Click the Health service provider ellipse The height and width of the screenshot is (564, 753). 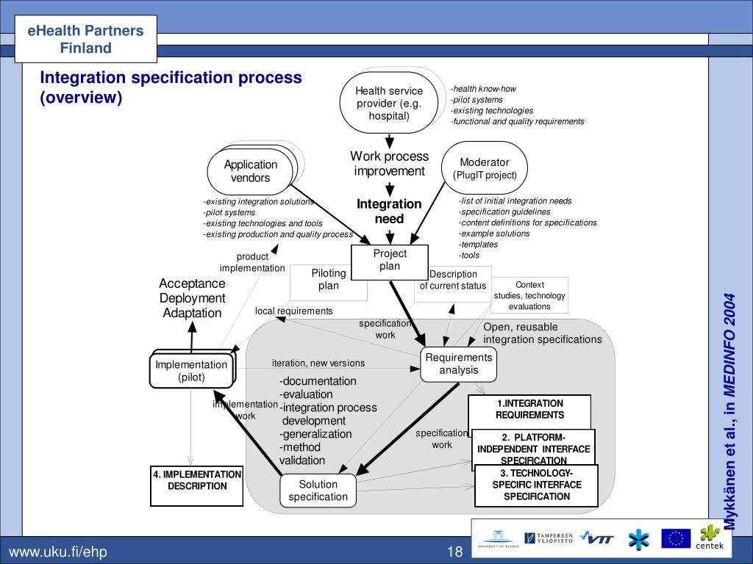(389, 103)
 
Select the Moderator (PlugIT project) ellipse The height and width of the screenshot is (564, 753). (484, 168)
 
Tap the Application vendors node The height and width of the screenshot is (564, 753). (250, 171)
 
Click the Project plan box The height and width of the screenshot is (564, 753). (389, 260)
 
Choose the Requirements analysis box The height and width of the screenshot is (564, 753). (458, 364)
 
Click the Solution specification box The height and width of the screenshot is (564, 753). (318, 490)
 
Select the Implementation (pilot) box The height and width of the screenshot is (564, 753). (191, 371)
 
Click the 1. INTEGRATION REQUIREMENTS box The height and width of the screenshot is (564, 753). (529, 409)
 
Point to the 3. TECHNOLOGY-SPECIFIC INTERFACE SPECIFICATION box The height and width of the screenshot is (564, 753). (536, 485)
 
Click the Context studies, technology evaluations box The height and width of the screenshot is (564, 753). (530, 295)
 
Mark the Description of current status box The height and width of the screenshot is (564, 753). (453, 280)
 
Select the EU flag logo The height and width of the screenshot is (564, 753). (675, 539)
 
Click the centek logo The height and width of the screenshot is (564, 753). (711, 538)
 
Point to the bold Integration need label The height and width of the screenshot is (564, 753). (389, 211)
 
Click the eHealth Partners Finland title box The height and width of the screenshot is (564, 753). (86, 40)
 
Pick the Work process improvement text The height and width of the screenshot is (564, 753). (389, 164)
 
